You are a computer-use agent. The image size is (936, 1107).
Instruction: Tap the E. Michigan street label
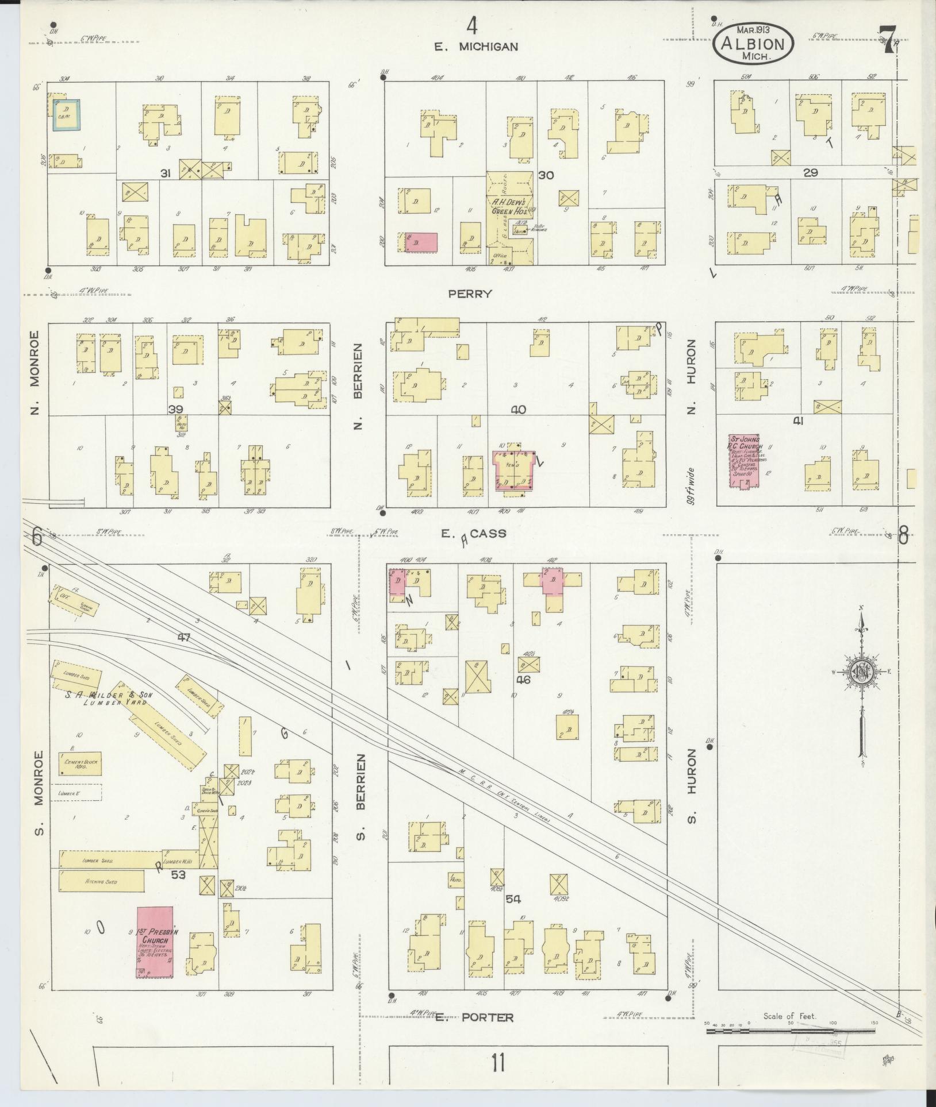(x=476, y=47)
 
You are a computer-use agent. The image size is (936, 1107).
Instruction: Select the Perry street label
(x=470, y=294)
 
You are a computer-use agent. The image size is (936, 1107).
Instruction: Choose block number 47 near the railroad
(x=184, y=637)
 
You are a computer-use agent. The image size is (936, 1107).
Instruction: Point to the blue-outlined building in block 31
(x=66, y=115)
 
